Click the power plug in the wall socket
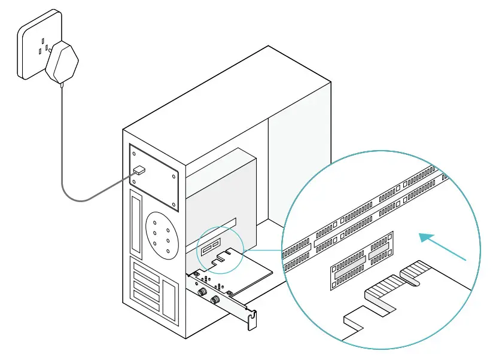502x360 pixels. (63, 63)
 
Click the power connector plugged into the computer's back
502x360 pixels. (139, 170)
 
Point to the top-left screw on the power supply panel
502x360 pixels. (133, 154)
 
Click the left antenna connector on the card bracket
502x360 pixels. (203, 292)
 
